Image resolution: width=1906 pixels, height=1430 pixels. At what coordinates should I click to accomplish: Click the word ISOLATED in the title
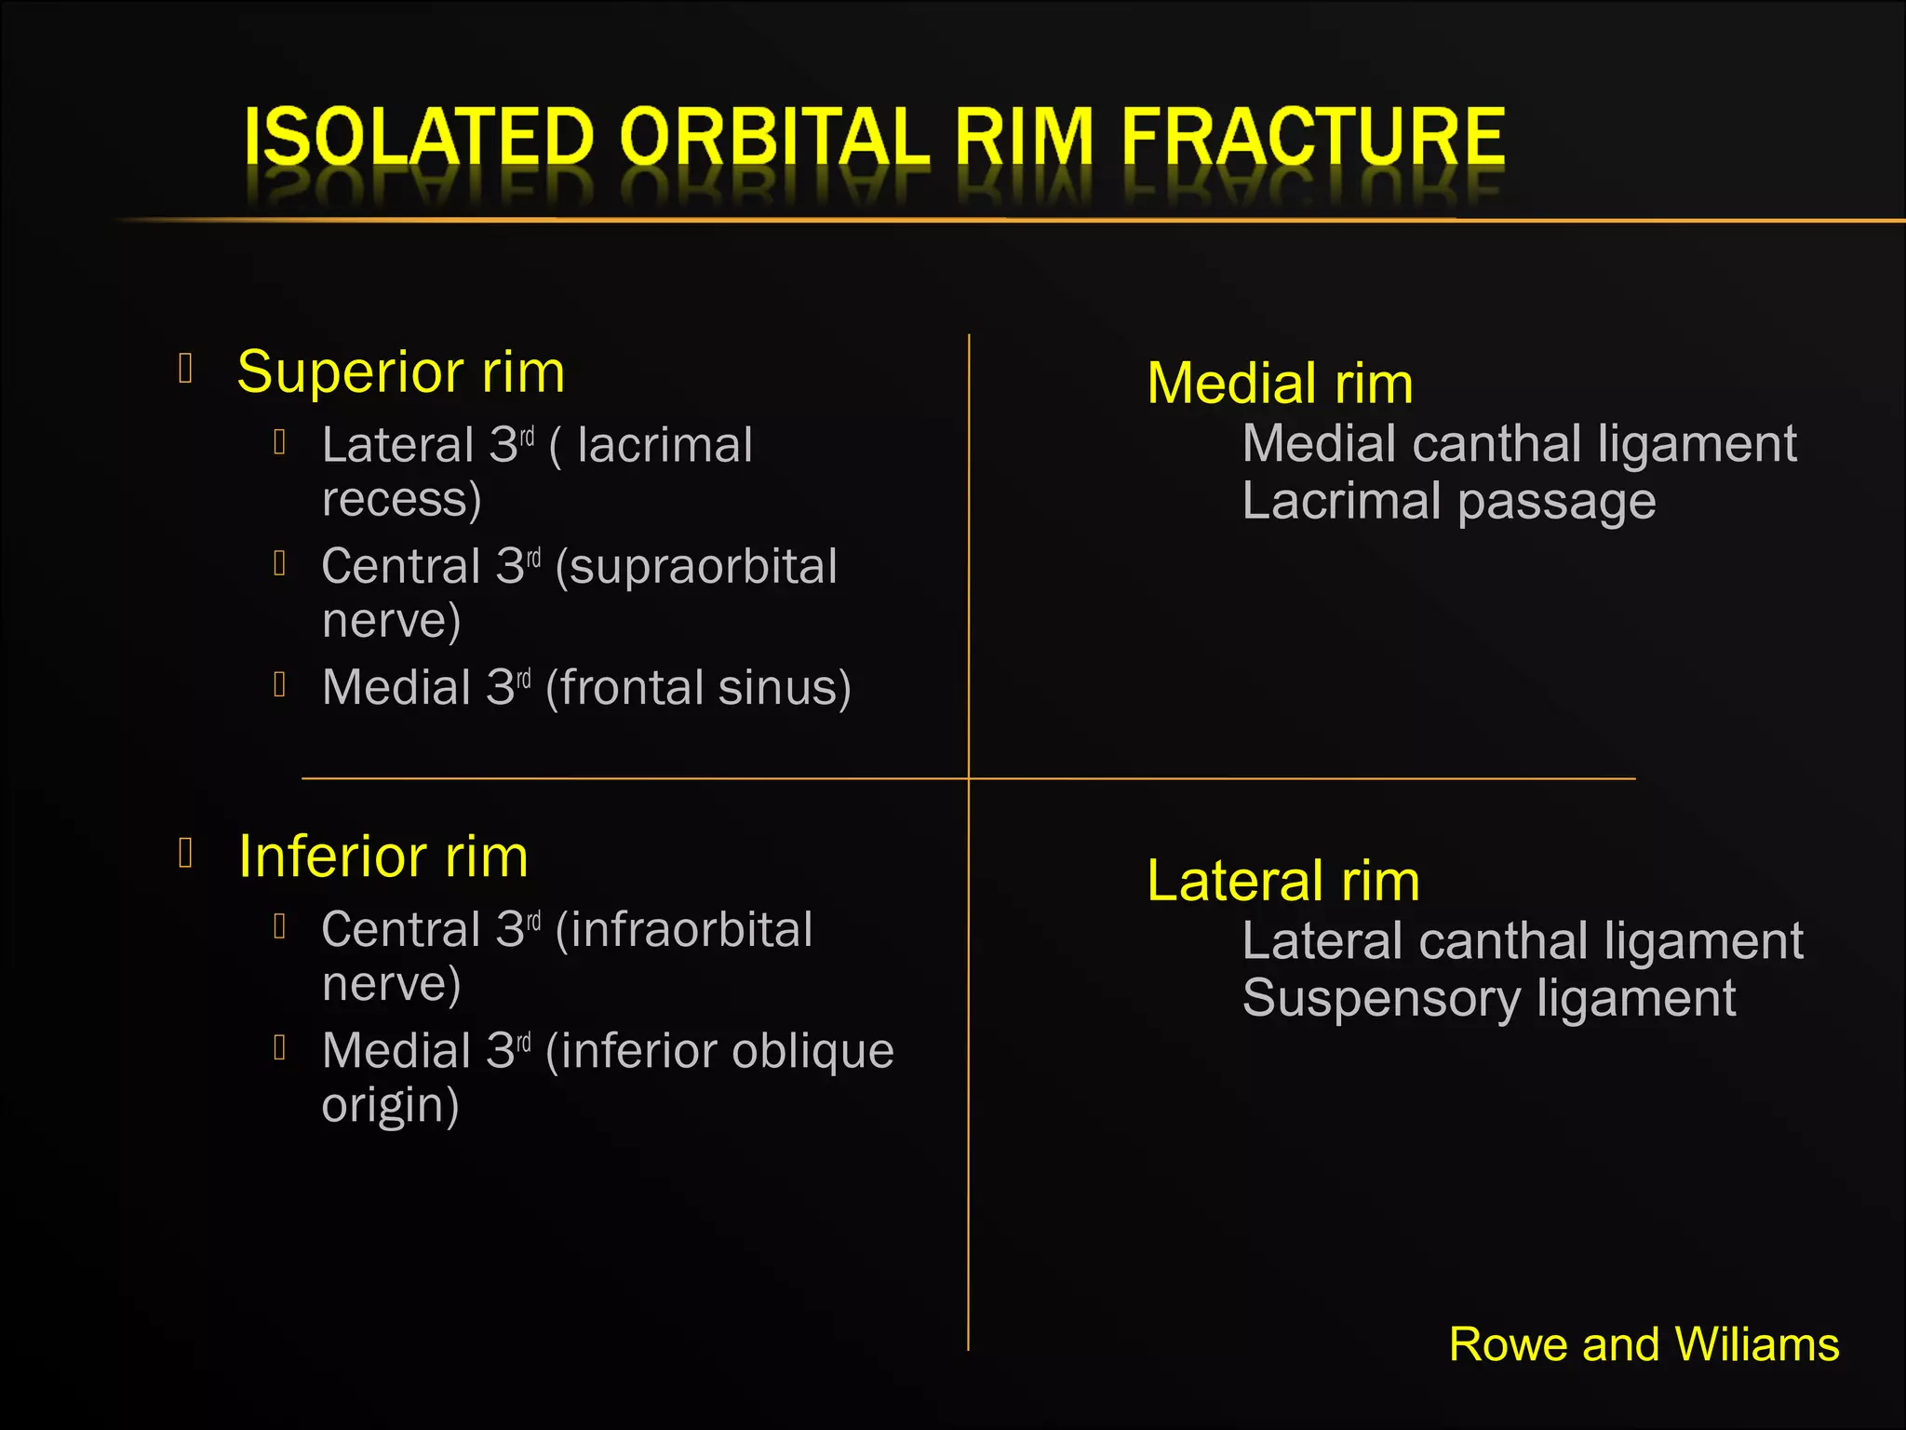point(419,138)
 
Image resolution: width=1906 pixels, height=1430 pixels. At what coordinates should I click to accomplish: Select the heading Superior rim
point(400,372)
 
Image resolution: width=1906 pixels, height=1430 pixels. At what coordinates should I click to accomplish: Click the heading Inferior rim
point(383,857)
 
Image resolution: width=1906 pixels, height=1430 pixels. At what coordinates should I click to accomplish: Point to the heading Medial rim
point(1280,384)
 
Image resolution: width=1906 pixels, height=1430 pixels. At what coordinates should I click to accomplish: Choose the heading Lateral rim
point(1282,881)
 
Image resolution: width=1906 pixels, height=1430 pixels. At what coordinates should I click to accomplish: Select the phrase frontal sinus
point(698,689)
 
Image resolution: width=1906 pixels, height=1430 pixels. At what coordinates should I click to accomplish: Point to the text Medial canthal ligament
point(1519,444)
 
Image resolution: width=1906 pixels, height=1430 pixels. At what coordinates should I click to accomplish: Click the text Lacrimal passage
point(1449,502)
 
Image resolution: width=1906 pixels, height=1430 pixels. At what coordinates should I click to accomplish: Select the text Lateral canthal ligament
point(1523,941)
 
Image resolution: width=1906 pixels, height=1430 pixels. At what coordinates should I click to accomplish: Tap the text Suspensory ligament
point(1489,999)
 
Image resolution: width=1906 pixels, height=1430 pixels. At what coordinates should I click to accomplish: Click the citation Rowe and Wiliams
point(1644,1345)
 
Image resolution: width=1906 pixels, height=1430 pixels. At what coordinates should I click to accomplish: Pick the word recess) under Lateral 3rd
point(401,500)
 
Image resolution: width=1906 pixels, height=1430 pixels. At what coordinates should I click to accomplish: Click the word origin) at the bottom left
point(390,1106)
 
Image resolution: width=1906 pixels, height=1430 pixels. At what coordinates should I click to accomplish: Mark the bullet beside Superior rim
point(185,369)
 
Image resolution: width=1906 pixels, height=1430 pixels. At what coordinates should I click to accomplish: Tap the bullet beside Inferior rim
point(185,852)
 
